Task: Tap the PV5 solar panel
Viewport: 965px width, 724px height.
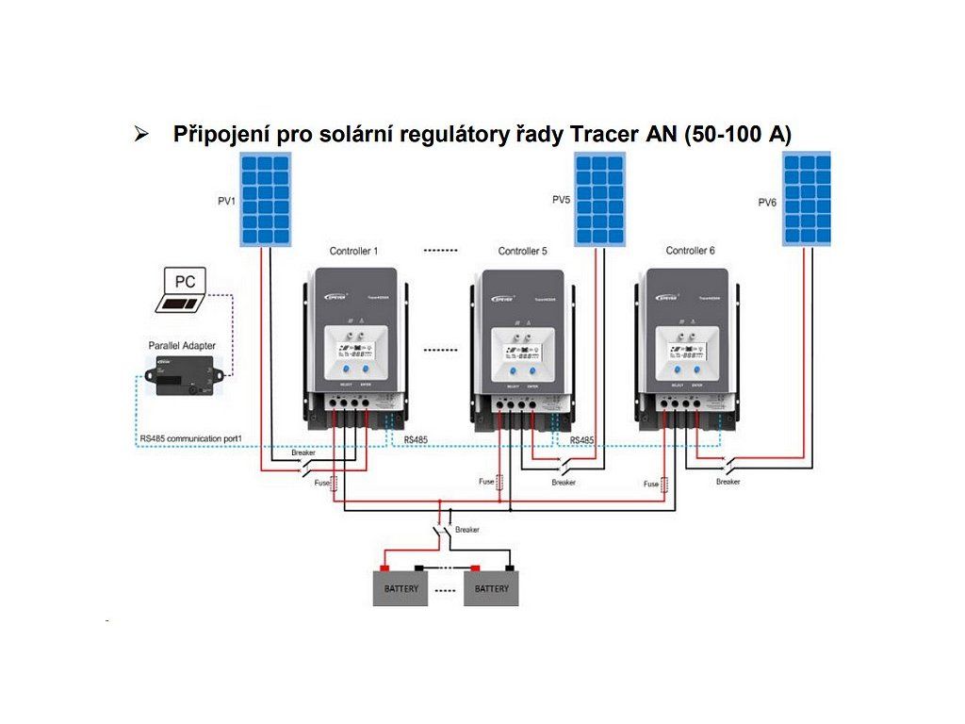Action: (x=600, y=200)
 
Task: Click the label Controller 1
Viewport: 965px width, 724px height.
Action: (x=353, y=252)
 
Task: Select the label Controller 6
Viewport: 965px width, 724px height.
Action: (x=690, y=251)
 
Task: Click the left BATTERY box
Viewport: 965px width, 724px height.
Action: (x=401, y=588)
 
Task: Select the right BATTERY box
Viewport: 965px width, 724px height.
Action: (x=491, y=588)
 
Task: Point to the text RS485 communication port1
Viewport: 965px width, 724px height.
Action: (x=193, y=438)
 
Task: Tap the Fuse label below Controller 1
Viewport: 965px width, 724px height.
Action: (x=321, y=484)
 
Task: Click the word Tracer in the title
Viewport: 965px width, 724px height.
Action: (x=600, y=135)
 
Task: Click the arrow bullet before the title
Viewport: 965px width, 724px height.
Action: (x=142, y=135)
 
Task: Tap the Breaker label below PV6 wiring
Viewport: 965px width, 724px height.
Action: (x=728, y=482)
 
